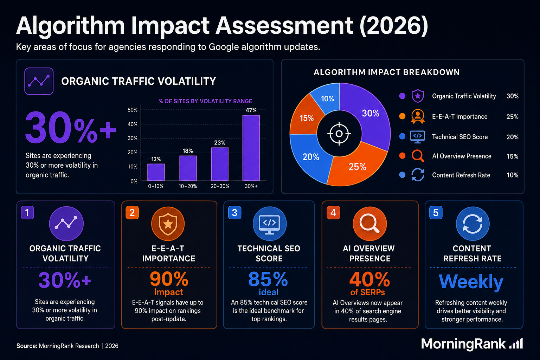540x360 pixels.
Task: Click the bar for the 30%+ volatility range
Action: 251,148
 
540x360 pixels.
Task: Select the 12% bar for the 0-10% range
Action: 156,172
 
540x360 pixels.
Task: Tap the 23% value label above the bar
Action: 220,143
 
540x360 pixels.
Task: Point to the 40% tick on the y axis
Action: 132,124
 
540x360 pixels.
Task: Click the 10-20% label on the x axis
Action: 188,186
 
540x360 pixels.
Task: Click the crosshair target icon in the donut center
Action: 339,134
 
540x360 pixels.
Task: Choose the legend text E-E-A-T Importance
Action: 460,117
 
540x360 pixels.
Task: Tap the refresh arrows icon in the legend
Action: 418,175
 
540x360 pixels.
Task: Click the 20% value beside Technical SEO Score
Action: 512,137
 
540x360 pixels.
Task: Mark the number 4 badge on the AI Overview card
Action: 333,213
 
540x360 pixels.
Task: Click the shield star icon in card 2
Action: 168,224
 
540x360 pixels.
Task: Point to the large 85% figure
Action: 268,279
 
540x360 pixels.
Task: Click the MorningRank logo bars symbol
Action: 516,343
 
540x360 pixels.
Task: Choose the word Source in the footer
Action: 26,346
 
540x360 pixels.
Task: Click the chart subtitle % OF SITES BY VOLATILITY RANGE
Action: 205,101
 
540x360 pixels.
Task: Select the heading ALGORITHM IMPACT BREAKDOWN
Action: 386,72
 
